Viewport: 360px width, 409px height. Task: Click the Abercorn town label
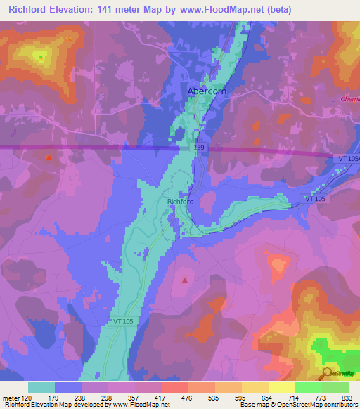coord(206,91)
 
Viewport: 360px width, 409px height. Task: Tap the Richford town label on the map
coord(180,202)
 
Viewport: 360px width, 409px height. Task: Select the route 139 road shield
coord(201,149)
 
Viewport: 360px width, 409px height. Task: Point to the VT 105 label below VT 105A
coord(316,200)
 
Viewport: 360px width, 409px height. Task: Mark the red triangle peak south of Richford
coord(185,280)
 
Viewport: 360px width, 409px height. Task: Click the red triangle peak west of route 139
coord(48,157)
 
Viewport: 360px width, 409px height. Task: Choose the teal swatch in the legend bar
coord(41,387)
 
